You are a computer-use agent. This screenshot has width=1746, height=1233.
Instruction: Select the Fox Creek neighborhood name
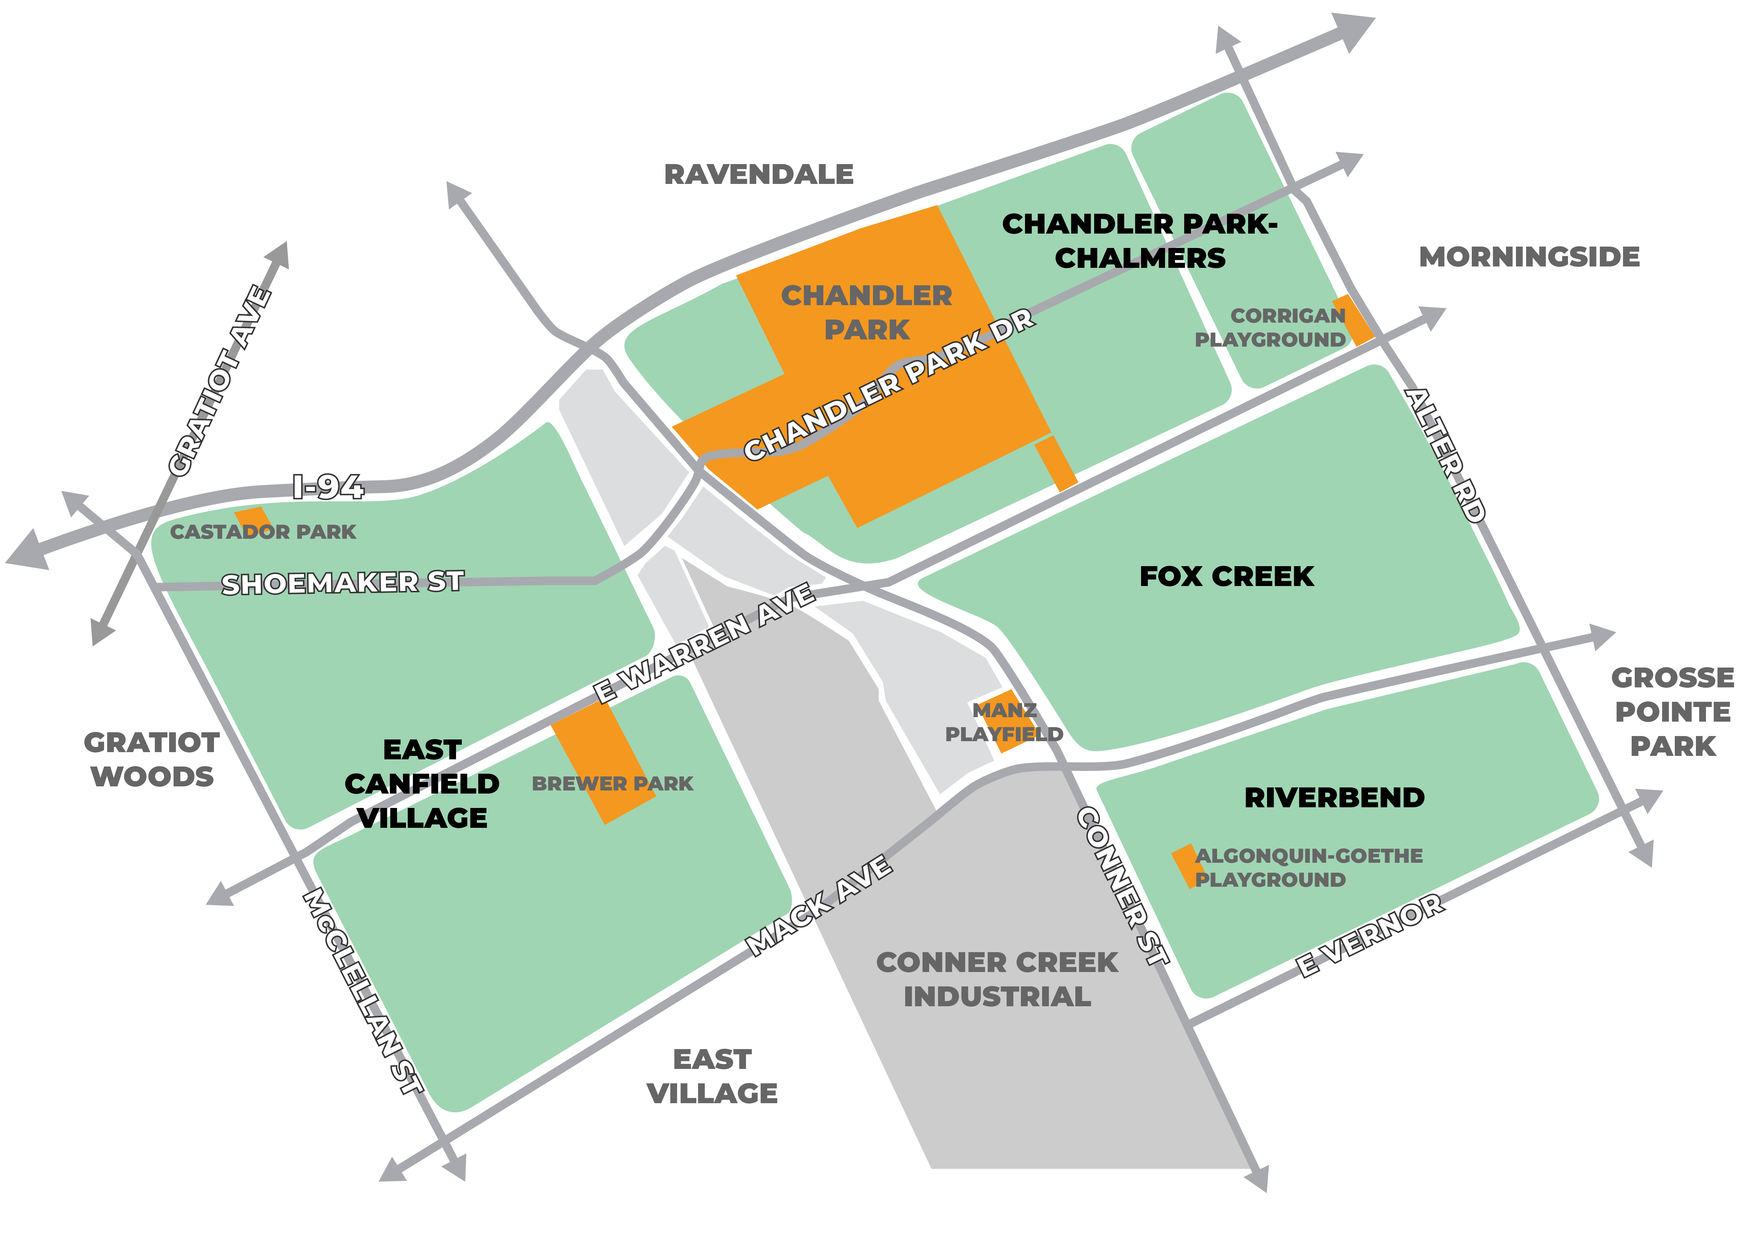1226,576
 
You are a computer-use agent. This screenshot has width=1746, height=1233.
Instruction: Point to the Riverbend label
1334,797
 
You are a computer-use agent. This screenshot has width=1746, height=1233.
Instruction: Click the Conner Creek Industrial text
997,980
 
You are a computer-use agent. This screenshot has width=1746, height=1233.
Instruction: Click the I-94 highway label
329,487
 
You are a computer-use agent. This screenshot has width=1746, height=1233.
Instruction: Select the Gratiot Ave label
220,380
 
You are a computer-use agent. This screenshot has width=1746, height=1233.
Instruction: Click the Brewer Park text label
612,783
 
